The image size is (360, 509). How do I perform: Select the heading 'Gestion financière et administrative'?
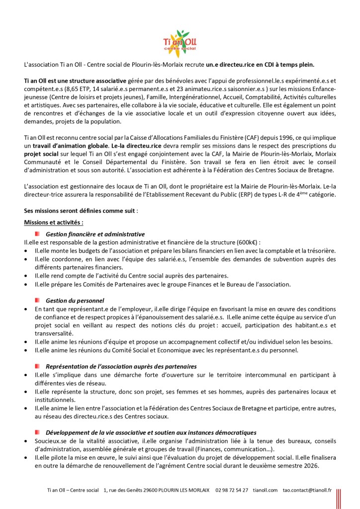point(95,233)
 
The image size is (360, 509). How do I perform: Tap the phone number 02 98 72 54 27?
point(232,490)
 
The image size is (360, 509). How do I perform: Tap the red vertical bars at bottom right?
point(339,498)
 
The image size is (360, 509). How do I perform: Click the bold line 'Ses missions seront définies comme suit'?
point(80,210)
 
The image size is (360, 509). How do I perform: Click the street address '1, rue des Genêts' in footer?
point(123,490)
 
